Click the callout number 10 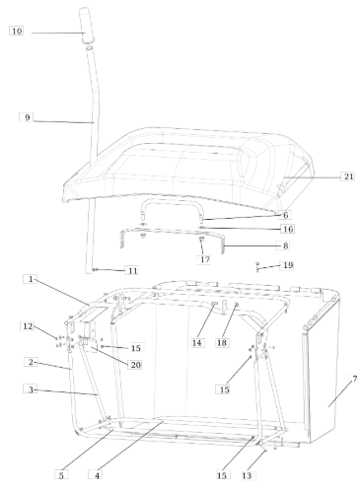(x=17, y=32)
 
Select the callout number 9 (x=28, y=117)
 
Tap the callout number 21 (x=348, y=176)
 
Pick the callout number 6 (x=285, y=215)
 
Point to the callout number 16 (x=288, y=229)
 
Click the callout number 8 (x=285, y=245)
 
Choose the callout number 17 (x=205, y=259)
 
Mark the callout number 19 (x=288, y=265)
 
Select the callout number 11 (x=132, y=271)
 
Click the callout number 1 (x=31, y=279)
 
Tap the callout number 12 (x=28, y=326)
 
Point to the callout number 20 (x=135, y=365)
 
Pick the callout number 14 (x=196, y=343)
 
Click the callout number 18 (x=222, y=343)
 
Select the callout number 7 (x=354, y=379)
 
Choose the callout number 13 (x=247, y=475)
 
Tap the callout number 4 (x=98, y=475)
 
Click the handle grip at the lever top (x=86, y=25)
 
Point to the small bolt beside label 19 (x=257, y=266)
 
